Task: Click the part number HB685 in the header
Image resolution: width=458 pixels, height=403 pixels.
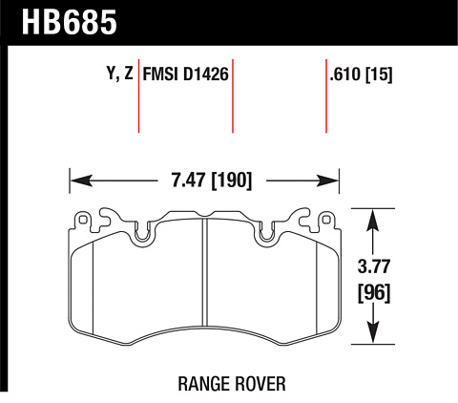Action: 70,22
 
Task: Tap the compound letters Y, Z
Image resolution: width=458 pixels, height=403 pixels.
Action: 119,74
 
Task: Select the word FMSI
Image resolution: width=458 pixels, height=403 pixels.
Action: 160,74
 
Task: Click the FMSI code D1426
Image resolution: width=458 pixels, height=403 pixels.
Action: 206,74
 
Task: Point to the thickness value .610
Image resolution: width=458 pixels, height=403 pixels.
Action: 345,74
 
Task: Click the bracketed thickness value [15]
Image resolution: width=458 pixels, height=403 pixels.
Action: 379,74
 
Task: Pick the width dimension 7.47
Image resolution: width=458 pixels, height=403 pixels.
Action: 189,180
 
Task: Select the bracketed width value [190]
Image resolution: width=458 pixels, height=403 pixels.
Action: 232,180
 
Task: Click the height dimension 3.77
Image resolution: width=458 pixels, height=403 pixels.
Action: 374,266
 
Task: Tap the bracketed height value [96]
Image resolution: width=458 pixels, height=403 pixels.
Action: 374,293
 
